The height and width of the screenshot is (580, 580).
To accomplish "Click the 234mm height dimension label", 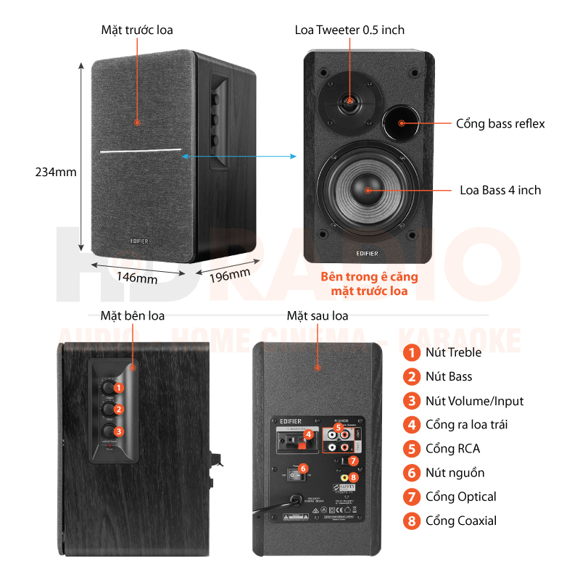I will coord(56,172).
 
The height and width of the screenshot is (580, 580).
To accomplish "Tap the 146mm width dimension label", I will coord(137,277).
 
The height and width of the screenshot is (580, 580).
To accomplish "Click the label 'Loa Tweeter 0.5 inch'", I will coord(349,30).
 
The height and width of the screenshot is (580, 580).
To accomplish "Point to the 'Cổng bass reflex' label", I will coord(500,123).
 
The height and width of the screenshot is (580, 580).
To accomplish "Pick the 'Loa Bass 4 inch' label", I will coord(500,190).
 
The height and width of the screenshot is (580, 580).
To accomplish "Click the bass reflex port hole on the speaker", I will coord(400,122).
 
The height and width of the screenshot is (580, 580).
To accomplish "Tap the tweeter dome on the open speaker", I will coord(349,102).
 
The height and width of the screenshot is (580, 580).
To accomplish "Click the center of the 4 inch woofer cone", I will coord(368,190).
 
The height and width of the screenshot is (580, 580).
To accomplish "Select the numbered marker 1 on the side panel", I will coord(119,387).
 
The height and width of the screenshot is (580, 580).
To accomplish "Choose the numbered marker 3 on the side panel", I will coord(119,431).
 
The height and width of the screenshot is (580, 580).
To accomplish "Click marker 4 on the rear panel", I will coord(308,435).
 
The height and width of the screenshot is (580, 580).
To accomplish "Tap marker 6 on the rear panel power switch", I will coord(304,468).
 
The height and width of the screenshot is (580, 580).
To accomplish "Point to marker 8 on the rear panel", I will coord(353,477).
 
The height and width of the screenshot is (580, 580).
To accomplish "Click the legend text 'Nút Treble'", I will coord(454,353).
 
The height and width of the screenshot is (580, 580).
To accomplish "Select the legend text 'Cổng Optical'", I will coord(460,497).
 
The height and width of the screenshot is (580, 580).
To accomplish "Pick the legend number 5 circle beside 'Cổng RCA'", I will coord(412,449).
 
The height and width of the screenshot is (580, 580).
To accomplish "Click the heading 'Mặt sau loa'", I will coord(317,316).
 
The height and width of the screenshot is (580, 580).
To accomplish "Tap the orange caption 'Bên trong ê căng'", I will coord(369,277).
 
